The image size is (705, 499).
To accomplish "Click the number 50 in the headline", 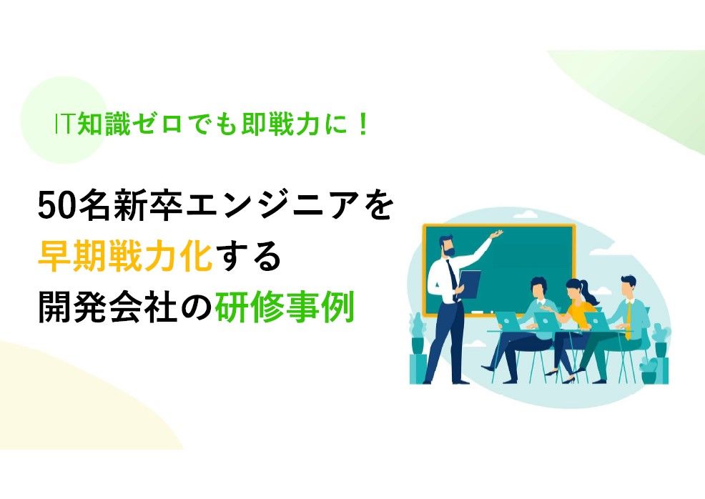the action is pyautogui.click(x=56, y=207).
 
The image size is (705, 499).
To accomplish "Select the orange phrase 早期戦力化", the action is pyautogui.click(x=125, y=257).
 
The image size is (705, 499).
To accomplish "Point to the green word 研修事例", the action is pyautogui.click(x=285, y=307).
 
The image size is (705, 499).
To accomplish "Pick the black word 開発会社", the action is pyautogui.click(x=108, y=307).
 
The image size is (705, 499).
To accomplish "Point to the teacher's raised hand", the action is pyautogui.click(x=496, y=234).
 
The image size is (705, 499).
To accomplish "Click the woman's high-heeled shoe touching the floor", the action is pyautogui.click(x=568, y=380).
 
